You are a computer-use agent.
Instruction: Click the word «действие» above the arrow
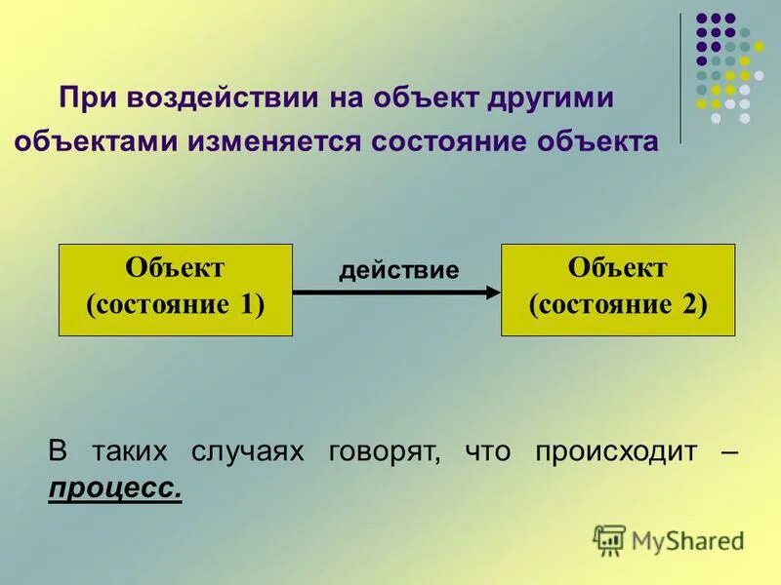point(398,270)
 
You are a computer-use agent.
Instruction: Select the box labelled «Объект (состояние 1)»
point(176,290)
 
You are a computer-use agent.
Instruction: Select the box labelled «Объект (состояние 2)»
point(617,290)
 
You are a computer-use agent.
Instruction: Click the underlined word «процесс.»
point(114,487)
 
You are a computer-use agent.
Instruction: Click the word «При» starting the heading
point(83,98)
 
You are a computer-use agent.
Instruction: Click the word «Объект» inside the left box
point(176,267)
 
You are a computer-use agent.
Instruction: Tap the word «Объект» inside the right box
point(617,267)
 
